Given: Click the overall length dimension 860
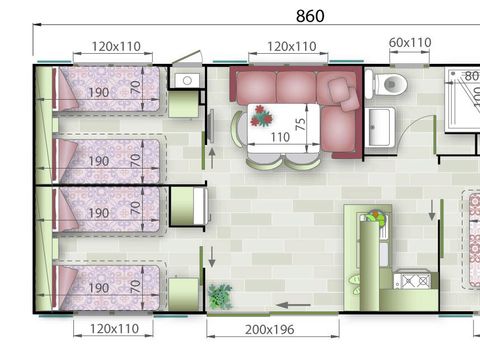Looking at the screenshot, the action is coord(310,16).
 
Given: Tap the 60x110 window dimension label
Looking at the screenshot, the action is coord(410,43).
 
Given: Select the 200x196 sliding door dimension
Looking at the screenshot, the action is coord(270,330).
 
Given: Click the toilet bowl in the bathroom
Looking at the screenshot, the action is coord(387,84).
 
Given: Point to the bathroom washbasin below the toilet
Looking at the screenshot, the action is coord(380,127).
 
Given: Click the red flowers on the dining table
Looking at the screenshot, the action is coord(261,116).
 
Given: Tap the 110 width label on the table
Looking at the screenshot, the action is coord(280,137).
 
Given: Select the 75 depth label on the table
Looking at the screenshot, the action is coord(301,124).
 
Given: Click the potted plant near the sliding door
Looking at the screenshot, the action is coord(220,296).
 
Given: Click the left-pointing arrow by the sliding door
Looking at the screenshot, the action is coord(293,305).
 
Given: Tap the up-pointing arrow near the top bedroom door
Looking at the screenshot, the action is coord(212,159).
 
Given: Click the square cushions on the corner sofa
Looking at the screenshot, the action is coord(343,94).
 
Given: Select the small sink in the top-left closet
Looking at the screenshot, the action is coord(187,80).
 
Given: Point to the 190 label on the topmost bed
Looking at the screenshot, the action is coord(99,92).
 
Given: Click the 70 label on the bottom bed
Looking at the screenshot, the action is coord(135,286).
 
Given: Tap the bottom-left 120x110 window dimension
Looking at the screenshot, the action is coord(114,329).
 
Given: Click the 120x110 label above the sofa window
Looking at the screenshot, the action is coord(292,46).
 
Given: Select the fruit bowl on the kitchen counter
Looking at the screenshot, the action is coord(376,217).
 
